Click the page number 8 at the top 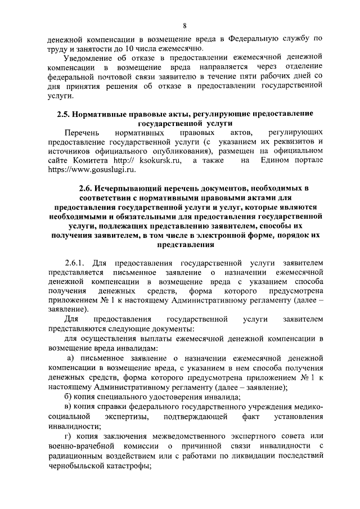[x=184, y=25]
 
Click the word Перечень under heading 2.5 [x=80, y=133]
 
